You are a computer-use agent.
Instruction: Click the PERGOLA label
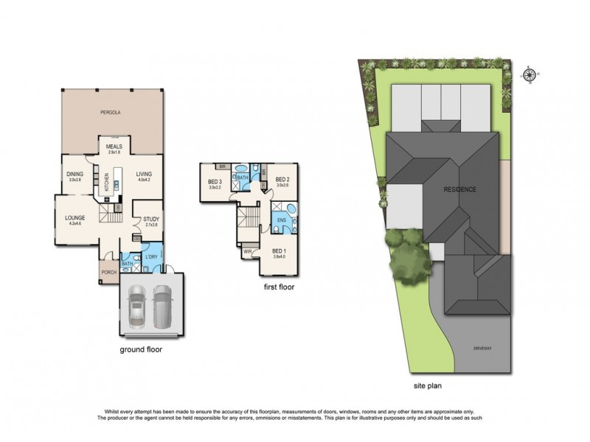pyautogui.click(x=112, y=113)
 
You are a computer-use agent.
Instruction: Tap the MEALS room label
pyautogui.click(x=113, y=147)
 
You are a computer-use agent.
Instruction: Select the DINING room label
pyautogui.click(x=75, y=175)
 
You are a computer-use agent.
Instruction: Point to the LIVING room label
pyautogui.click(x=143, y=175)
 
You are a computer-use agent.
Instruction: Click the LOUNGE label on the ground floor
pyautogui.click(x=74, y=218)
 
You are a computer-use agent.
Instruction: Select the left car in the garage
pyautogui.click(x=137, y=306)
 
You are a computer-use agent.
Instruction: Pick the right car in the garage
pyautogui.click(x=163, y=306)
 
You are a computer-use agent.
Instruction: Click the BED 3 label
pyautogui.click(x=215, y=180)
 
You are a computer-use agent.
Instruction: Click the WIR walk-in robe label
pyautogui.click(x=247, y=253)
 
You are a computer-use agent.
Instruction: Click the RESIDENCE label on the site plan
pyautogui.click(x=459, y=189)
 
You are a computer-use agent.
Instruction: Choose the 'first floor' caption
pyautogui.click(x=278, y=287)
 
